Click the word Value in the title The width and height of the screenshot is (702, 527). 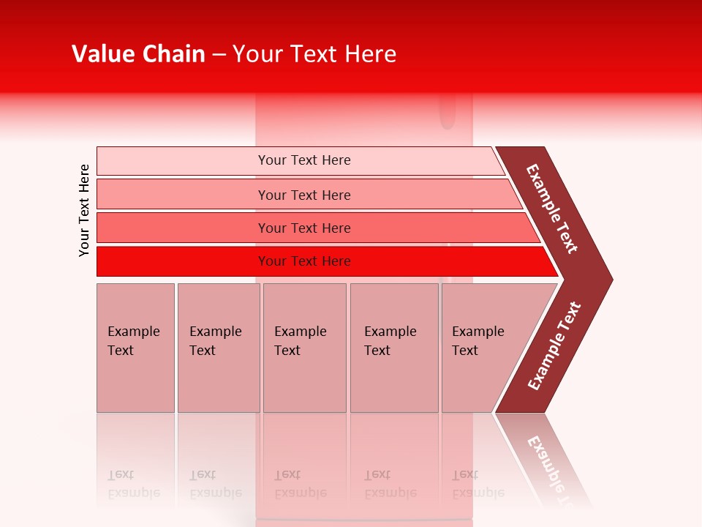[x=102, y=54]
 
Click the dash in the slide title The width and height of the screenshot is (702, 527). [x=219, y=55]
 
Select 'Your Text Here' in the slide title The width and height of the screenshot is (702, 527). [x=314, y=54]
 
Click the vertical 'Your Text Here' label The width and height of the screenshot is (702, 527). [x=84, y=210]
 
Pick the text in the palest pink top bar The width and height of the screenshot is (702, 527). [x=304, y=160]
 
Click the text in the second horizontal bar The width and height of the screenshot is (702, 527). [x=304, y=195]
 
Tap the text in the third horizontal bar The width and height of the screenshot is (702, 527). [x=304, y=228]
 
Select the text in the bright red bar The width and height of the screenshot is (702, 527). [x=304, y=261]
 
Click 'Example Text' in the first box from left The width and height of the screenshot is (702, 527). [x=133, y=341]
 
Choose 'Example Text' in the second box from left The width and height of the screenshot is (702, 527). [x=215, y=341]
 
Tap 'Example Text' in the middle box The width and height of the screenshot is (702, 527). [x=300, y=341]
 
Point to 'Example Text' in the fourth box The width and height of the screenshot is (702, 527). [x=390, y=341]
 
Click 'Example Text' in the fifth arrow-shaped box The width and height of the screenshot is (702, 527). [x=478, y=341]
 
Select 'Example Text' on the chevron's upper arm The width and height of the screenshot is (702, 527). [x=552, y=209]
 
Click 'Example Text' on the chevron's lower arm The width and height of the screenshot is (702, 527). [x=554, y=346]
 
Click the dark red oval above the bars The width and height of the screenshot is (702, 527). [x=447, y=113]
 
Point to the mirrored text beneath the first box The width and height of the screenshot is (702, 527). [x=133, y=485]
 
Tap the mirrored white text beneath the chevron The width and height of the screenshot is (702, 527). [x=552, y=468]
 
